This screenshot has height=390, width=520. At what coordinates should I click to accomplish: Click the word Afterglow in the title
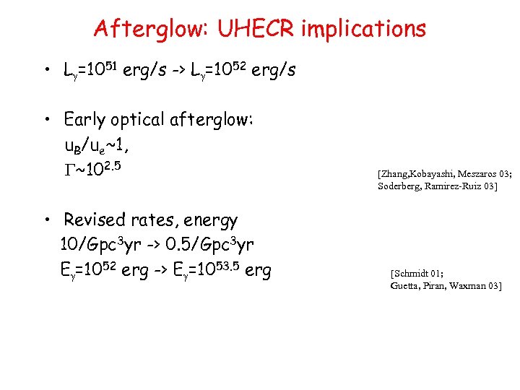(147, 29)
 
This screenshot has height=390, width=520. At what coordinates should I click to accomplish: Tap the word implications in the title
(364, 29)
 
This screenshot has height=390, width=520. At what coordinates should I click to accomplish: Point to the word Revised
(95, 220)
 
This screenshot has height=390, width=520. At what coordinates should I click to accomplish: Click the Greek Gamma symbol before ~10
(69, 172)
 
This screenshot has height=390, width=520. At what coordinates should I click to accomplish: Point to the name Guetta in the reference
(406, 286)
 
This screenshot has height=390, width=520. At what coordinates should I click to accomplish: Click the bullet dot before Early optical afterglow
(45, 119)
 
